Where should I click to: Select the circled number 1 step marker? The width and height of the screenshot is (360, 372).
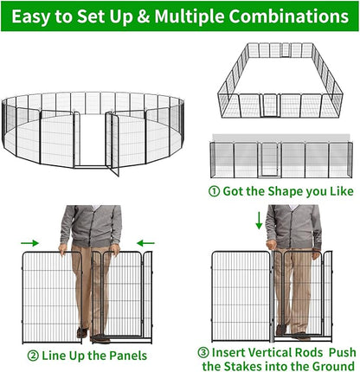coord(214,192)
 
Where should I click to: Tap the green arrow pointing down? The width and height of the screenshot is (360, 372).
coord(259,224)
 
